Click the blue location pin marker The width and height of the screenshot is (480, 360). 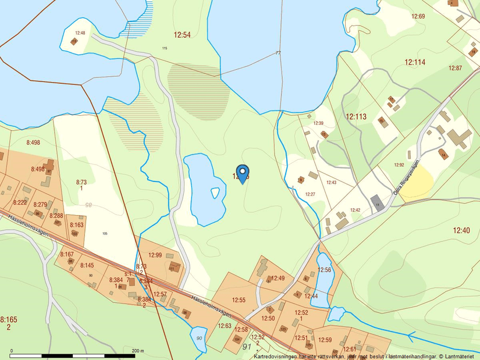(243, 173)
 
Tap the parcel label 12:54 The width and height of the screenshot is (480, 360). (182, 35)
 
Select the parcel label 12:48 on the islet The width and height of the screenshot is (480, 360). (80, 33)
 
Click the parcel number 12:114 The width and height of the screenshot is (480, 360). (415, 62)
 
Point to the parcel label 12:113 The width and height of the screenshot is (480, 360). (356, 116)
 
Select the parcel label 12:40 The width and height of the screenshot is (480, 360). (461, 230)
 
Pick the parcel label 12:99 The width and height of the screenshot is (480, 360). (155, 255)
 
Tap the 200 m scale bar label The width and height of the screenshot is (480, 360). (137, 351)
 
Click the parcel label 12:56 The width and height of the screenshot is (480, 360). (324, 270)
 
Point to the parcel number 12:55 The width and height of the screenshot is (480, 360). (239, 300)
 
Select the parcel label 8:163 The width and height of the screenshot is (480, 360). (76, 224)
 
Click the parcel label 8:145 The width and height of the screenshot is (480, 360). (87, 265)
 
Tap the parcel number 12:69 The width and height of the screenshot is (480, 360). (418, 16)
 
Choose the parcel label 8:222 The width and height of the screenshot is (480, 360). (20, 202)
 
